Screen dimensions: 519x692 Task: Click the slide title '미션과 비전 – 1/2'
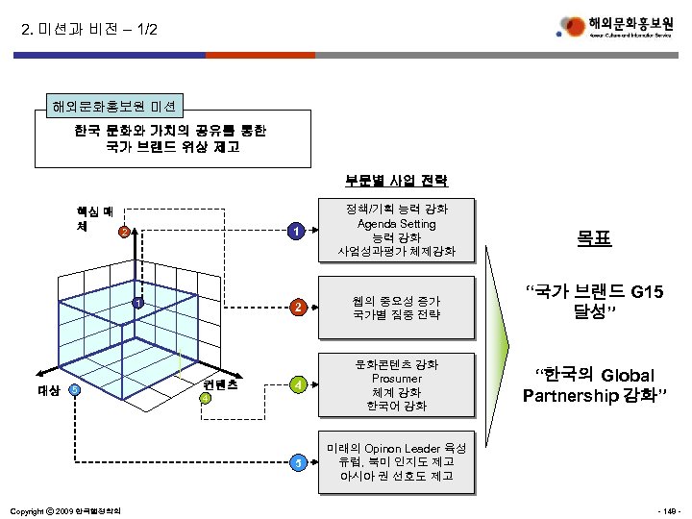pyautogui.click(x=87, y=31)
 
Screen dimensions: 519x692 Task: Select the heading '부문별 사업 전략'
pyautogui.click(x=396, y=181)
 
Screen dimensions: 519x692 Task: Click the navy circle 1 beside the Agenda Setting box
pyautogui.click(x=299, y=232)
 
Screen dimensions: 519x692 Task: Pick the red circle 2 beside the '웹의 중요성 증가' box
pyautogui.click(x=299, y=308)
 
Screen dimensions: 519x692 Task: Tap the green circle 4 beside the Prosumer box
pyautogui.click(x=299, y=385)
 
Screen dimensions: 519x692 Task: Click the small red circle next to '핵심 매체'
pyautogui.click(x=123, y=232)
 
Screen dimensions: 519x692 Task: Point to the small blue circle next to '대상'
pyautogui.click(x=74, y=389)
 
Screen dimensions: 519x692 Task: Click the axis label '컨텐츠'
pyautogui.click(x=220, y=383)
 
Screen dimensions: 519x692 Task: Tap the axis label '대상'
pyautogui.click(x=49, y=390)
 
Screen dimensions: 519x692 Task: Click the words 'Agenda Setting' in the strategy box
pyautogui.click(x=396, y=223)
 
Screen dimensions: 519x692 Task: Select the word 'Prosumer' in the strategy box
pyautogui.click(x=396, y=379)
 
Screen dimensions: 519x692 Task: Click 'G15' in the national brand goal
pyautogui.click(x=643, y=291)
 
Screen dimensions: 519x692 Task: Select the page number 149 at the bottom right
pyautogui.click(x=667, y=508)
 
